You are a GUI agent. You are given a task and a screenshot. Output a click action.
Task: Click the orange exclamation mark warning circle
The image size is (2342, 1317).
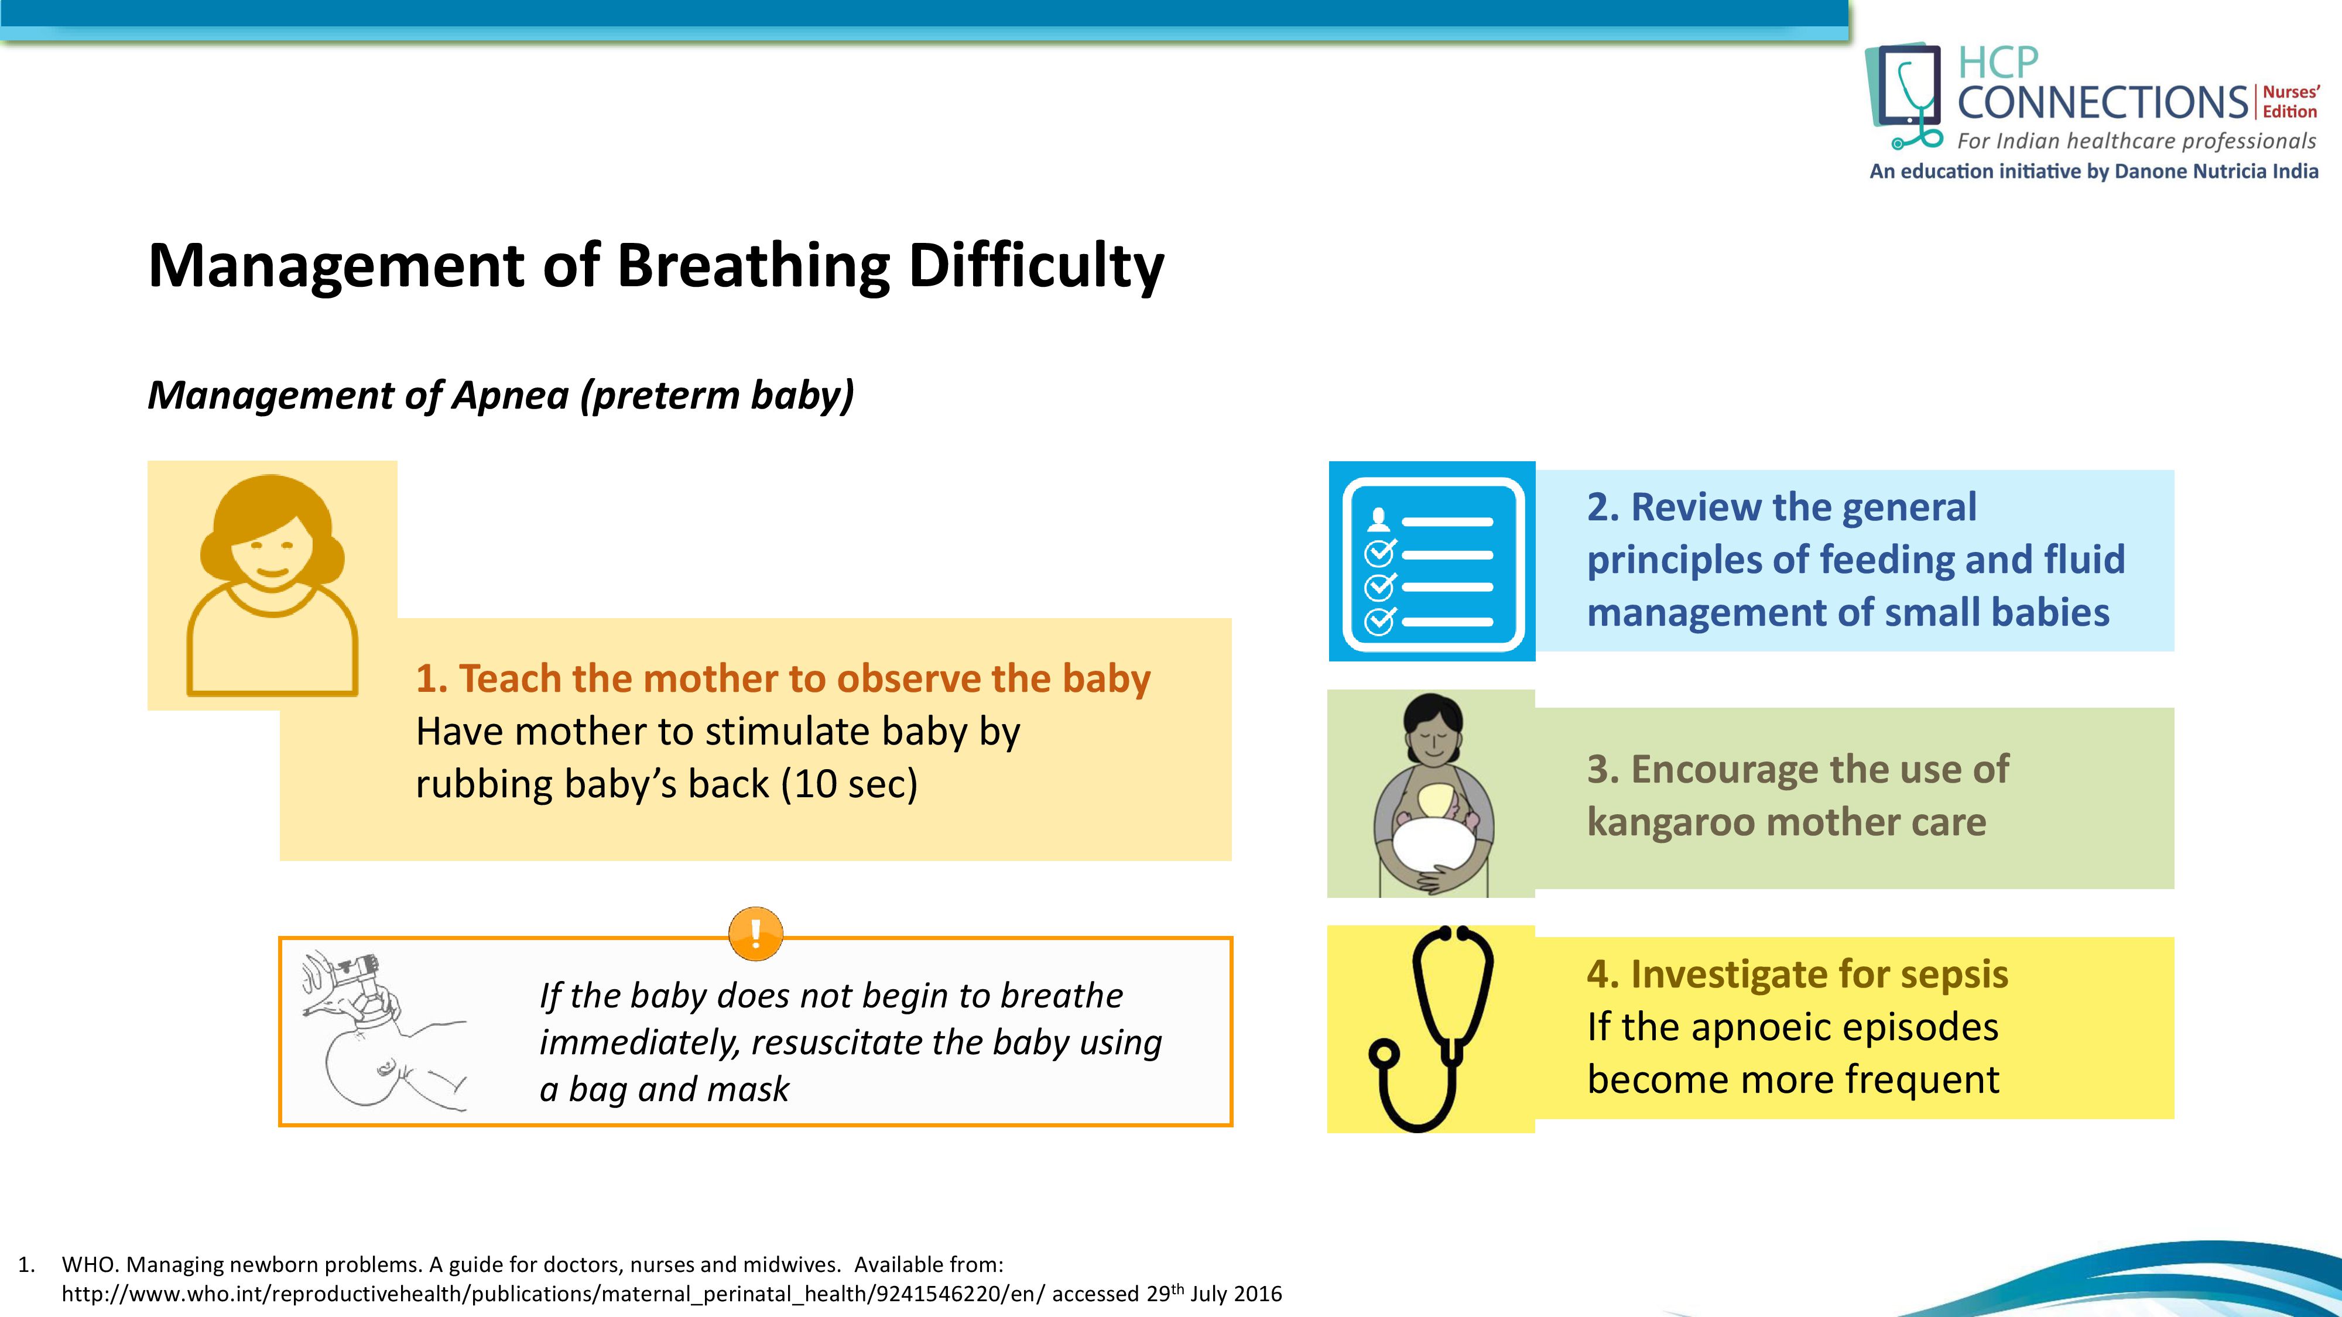[x=755, y=934]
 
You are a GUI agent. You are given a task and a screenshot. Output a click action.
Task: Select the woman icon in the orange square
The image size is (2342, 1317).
[x=272, y=584]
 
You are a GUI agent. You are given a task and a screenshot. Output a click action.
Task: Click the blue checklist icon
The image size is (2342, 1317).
[x=1432, y=561]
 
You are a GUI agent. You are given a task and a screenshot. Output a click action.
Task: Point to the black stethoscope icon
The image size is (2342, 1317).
[x=1431, y=1029]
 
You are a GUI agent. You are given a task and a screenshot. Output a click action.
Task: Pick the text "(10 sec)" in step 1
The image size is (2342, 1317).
[x=849, y=784]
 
